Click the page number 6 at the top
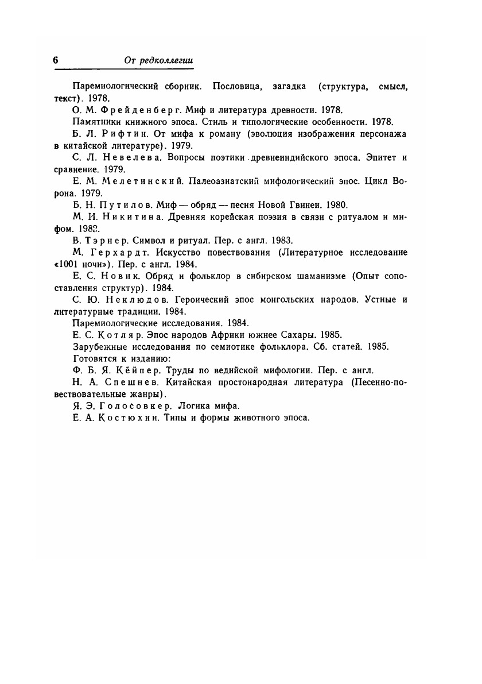[x=56, y=60]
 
